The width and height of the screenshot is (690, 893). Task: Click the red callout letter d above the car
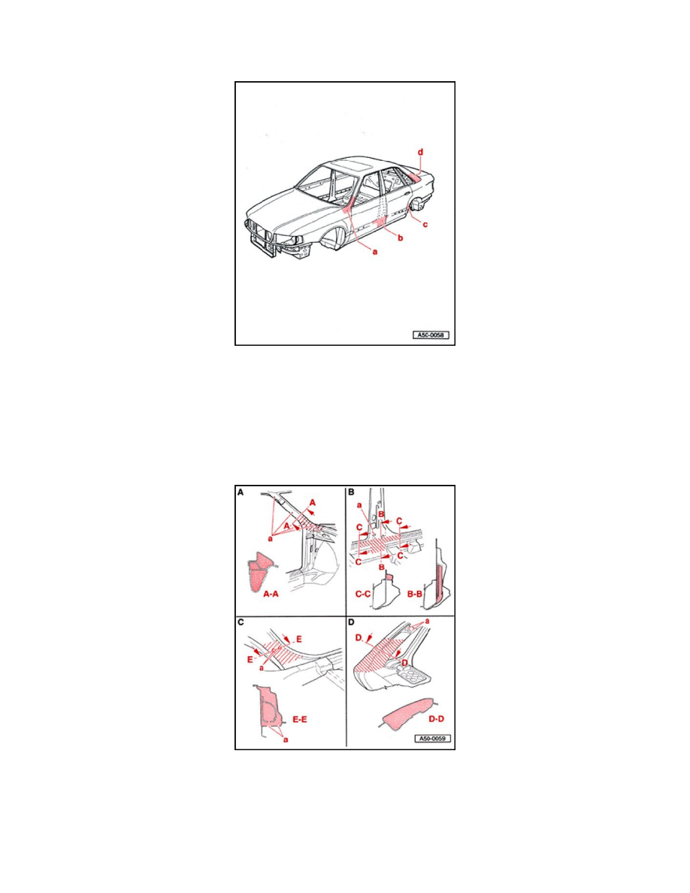[x=421, y=153]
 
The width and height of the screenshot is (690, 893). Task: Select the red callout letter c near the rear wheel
[x=425, y=224]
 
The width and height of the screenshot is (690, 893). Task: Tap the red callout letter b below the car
[x=400, y=238]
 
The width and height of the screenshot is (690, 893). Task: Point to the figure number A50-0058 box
[x=430, y=335]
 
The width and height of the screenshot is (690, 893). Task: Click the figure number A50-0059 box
[x=431, y=738]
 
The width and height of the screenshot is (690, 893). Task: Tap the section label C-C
[x=364, y=593]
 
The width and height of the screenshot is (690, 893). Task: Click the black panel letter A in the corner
[x=241, y=493]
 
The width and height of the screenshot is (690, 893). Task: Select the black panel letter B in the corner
[x=350, y=493]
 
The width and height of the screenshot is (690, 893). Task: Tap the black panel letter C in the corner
[x=241, y=622]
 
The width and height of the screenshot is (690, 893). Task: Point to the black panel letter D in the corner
[x=351, y=622]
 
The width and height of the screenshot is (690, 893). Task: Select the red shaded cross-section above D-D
[x=406, y=714]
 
